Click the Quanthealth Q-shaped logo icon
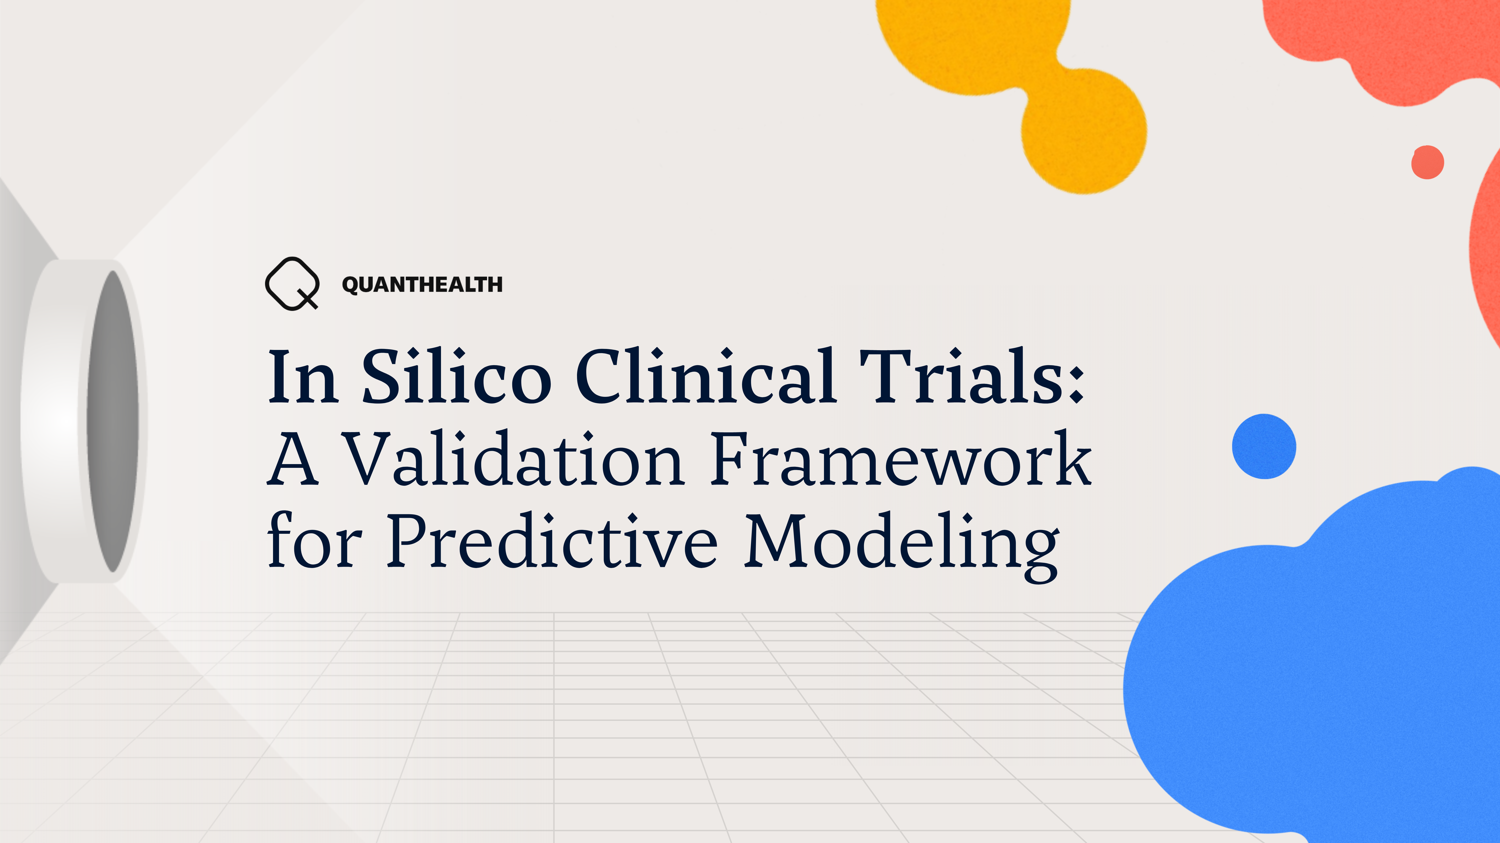(292, 283)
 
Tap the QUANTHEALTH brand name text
(422, 284)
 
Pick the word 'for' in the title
(314, 541)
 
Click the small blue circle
(1263, 446)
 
